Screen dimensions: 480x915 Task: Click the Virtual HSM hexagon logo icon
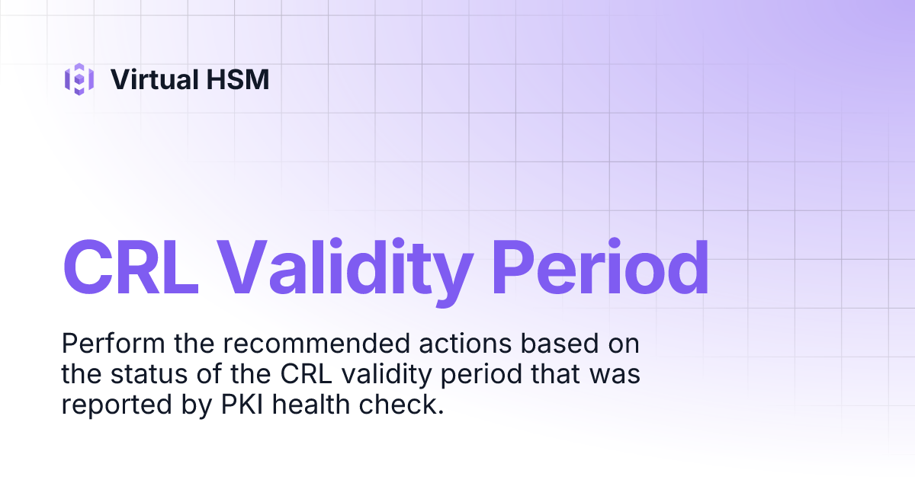[x=79, y=79]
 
